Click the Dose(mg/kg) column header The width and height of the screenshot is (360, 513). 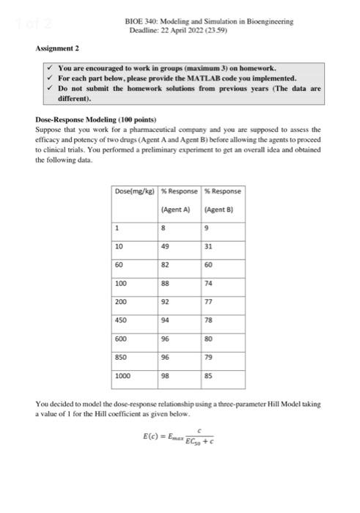coord(134,171)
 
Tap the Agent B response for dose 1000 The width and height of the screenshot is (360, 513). coord(208,378)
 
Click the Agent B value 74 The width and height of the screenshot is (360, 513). coord(208,282)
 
